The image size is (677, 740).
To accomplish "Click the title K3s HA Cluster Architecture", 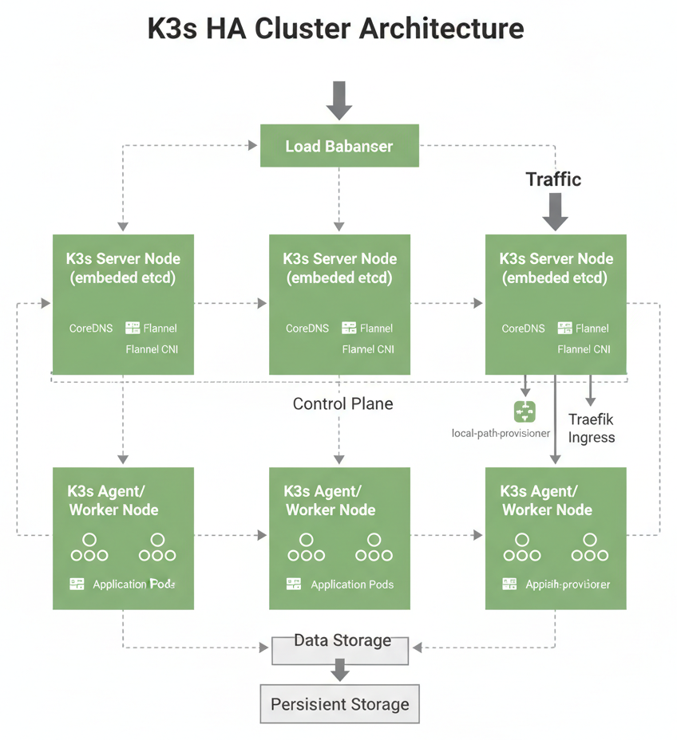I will tap(336, 29).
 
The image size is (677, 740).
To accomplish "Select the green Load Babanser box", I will tap(339, 146).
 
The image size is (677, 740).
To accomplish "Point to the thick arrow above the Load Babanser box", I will tap(339, 100).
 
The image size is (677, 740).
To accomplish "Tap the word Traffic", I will tap(553, 179).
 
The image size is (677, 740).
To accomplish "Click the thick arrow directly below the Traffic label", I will tap(555, 211).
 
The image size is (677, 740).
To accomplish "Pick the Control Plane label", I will tap(342, 403).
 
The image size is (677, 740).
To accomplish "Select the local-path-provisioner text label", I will tap(501, 433).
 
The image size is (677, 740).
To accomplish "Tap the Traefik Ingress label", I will tap(592, 428).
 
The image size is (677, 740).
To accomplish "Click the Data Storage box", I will tap(341, 649).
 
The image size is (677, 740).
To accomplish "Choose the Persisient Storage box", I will tap(340, 704).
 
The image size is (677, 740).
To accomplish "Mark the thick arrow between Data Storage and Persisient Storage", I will tap(341, 670).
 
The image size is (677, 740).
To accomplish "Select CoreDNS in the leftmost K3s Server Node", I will tap(91, 328).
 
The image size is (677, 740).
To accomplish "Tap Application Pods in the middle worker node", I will tap(352, 585).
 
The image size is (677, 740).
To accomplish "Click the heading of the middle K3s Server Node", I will tap(339, 269).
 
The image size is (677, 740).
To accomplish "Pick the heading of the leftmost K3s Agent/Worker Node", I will tap(113, 501).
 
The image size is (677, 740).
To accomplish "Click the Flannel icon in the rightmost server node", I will tap(565, 328).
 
